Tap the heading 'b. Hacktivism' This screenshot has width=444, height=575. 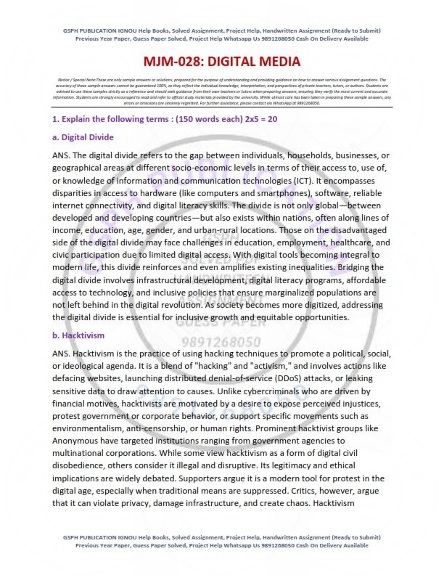(x=78, y=335)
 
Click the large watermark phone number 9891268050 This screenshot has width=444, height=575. (x=221, y=341)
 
